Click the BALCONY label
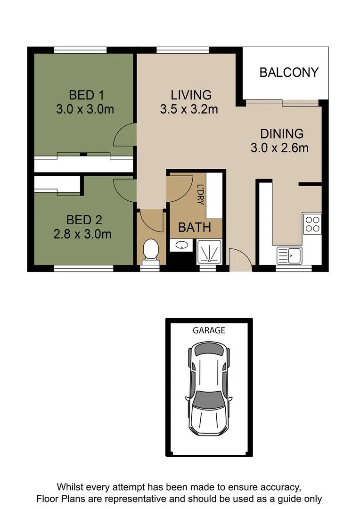coord(289,73)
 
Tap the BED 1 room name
coord(85,95)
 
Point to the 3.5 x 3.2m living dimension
coord(189,109)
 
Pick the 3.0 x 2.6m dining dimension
coord(279,148)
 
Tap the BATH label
coord(194,228)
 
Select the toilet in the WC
coord(150,249)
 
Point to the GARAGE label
coord(209,330)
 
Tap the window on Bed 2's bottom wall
coord(83,269)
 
